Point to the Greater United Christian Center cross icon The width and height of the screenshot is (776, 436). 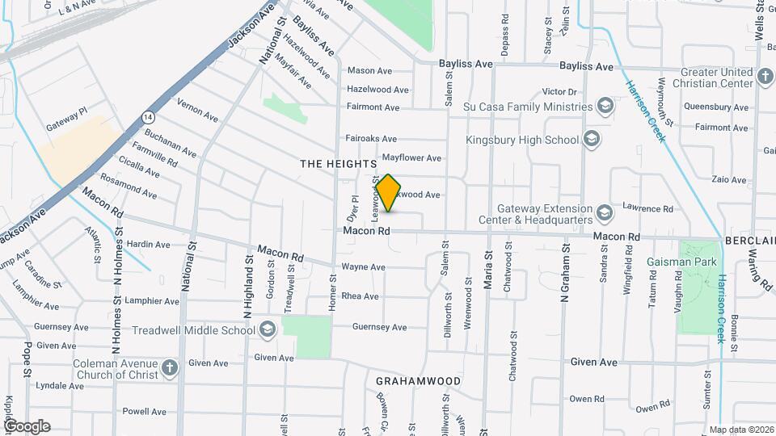[765, 78]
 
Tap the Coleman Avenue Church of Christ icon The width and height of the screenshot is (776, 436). [169, 368]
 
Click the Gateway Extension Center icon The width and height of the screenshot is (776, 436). [604, 214]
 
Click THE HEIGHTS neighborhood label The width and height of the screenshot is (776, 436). [334, 164]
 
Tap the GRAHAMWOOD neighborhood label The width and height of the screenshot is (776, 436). [419, 380]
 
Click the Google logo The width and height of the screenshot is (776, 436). [27, 426]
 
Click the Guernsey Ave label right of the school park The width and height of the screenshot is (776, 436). [379, 327]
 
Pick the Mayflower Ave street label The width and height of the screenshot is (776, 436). [411, 158]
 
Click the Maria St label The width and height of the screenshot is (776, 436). [488, 266]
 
